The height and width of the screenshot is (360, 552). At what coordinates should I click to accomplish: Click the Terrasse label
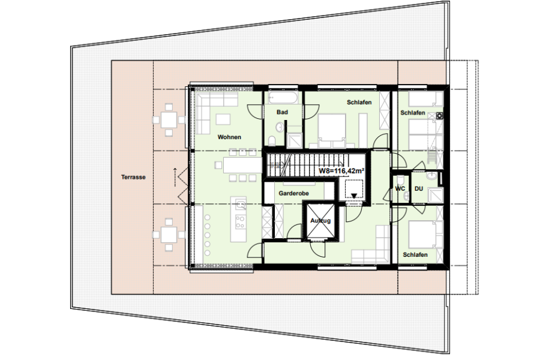pyautogui.click(x=133, y=177)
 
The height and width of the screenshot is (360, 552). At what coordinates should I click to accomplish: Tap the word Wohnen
pyautogui.click(x=229, y=137)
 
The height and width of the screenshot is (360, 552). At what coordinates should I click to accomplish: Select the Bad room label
pyautogui.click(x=282, y=112)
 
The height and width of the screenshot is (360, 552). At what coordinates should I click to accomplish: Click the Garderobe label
pyautogui.click(x=293, y=193)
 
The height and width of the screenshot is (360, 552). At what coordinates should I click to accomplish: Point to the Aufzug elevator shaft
pyautogui.click(x=320, y=221)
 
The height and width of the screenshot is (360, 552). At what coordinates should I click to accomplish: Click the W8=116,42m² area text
pyautogui.click(x=341, y=171)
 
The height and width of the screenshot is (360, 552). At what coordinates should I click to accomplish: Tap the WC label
pyautogui.click(x=400, y=188)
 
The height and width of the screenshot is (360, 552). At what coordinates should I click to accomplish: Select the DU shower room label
pyautogui.click(x=419, y=188)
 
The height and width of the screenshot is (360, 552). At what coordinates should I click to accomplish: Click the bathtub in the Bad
pyautogui.click(x=283, y=97)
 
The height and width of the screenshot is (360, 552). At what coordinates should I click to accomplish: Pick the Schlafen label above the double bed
pyautogui.click(x=359, y=102)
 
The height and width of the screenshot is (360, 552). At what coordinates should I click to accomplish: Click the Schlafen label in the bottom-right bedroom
pyautogui.click(x=415, y=254)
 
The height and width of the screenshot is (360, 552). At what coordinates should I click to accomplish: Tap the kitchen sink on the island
pyautogui.click(x=241, y=204)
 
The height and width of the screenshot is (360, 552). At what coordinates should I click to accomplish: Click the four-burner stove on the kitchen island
pyautogui.click(x=241, y=222)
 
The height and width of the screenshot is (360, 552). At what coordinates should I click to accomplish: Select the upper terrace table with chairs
pyautogui.click(x=169, y=120)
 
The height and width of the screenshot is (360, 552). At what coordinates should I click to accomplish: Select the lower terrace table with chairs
pyautogui.click(x=169, y=235)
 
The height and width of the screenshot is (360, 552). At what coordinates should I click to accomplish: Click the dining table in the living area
pyautogui.click(x=242, y=165)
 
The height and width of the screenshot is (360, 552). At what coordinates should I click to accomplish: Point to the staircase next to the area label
pyautogui.click(x=305, y=165)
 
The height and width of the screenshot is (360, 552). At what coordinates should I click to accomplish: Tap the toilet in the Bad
pyautogui.click(x=272, y=141)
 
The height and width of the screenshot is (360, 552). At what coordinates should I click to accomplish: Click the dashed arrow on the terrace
pyautogui.click(x=175, y=178)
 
